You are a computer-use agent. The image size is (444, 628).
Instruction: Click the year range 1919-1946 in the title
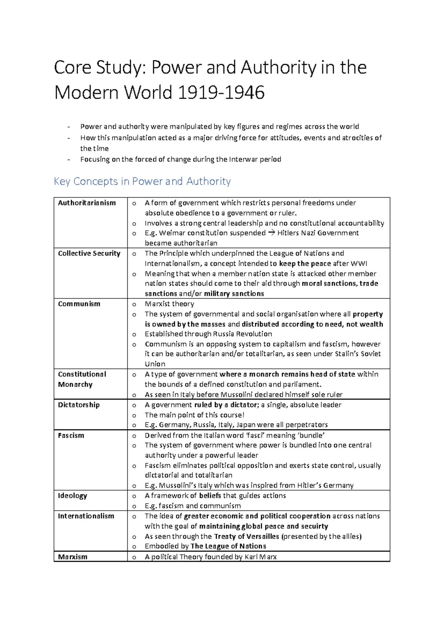[221, 92]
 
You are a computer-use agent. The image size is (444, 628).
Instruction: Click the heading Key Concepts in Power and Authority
[142, 181]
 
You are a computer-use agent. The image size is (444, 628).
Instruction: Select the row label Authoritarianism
[87, 203]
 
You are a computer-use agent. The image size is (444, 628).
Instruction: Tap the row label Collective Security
[89, 253]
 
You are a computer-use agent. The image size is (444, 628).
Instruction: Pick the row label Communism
[79, 304]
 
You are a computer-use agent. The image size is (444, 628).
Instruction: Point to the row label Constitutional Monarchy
[82, 379]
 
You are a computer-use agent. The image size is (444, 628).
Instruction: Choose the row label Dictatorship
[78, 405]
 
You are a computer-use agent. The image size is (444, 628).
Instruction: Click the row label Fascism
[71, 435]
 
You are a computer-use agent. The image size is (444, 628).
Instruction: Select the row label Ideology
[72, 495]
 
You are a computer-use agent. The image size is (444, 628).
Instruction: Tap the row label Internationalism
[86, 516]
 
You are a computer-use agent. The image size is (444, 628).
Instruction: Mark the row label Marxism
[73, 557]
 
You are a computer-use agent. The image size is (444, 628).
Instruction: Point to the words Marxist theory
[169, 304]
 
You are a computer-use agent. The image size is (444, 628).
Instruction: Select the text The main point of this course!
[194, 415]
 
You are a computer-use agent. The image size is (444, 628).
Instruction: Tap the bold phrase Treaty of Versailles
[246, 536]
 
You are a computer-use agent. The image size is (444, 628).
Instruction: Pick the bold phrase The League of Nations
[228, 546]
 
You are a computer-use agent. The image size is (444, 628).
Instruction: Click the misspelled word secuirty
[314, 526]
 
